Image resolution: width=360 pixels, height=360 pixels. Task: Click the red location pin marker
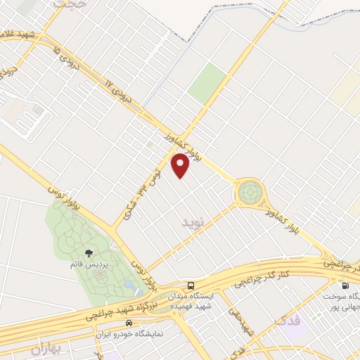tap(180, 165)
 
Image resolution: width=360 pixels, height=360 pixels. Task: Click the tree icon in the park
tap(89, 253)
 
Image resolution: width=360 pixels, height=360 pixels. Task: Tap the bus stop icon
tap(191, 285)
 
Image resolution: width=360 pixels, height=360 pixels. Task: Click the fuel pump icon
tap(345, 286)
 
